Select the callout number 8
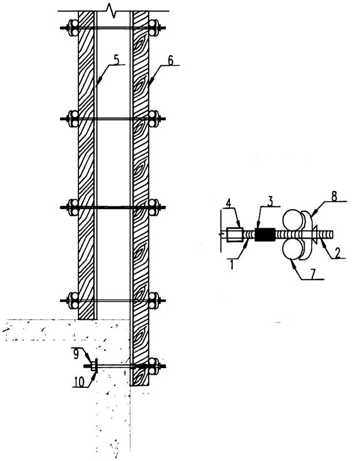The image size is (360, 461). [334, 197]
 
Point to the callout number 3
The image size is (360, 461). [270, 201]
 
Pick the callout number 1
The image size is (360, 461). [232, 264]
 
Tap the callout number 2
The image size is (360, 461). [338, 253]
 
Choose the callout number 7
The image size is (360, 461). [313, 274]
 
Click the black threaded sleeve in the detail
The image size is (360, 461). [265, 235]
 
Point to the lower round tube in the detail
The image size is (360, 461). [292, 250]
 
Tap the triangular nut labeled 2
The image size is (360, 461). [315, 235]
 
